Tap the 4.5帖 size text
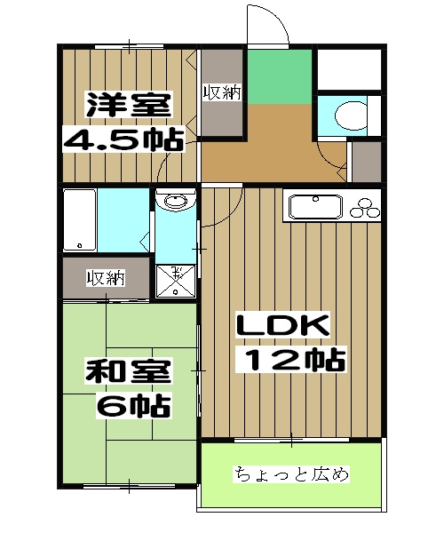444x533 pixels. (122, 139)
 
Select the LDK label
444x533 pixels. (281, 326)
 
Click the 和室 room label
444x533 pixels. (128, 372)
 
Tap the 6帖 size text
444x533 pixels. (134, 405)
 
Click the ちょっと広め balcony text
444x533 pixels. (291, 473)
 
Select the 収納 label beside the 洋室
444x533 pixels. (222, 92)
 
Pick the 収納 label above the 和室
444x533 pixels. (104, 278)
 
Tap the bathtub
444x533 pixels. (80, 220)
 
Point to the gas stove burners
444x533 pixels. (365, 210)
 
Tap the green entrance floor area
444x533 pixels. (280, 78)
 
